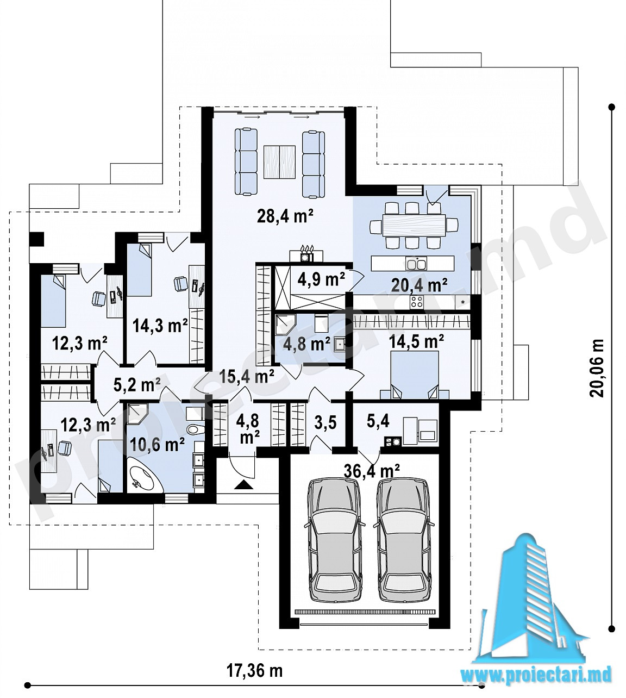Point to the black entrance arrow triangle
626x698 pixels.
pos(243,485)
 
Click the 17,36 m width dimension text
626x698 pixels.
pos(255,671)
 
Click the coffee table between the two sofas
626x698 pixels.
pos(280,162)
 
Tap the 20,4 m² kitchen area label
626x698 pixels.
pos(419,285)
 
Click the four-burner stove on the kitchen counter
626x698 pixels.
pos(417,302)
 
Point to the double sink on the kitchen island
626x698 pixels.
pos(417,264)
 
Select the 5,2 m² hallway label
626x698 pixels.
pos(137,385)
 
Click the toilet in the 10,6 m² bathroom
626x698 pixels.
pos(196,429)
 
